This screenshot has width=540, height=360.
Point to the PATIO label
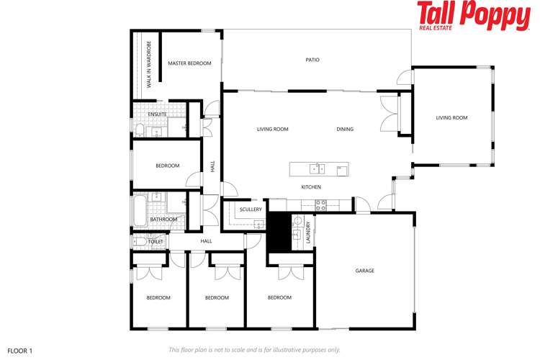(312, 60)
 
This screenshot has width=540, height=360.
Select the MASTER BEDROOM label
(189, 63)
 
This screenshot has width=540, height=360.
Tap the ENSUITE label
(157, 114)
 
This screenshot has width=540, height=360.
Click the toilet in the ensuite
(138, 130)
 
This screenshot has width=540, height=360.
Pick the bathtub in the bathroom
(138, 209)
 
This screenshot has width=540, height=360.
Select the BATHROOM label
(163, 220)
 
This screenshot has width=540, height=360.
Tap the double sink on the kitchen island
(317, 169)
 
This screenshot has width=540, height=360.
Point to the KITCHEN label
(311, 187)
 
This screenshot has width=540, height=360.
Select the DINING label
(345, 130)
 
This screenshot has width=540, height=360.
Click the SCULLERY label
(251, 210)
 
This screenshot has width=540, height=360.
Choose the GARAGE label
(364, 271)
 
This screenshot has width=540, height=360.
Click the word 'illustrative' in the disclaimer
(286, 350)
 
